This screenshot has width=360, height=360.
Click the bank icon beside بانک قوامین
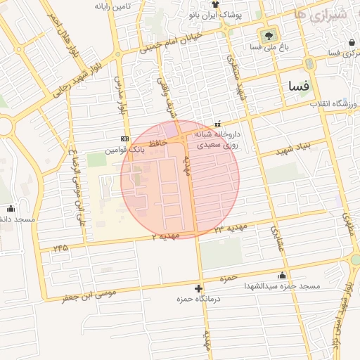pyautogui.click(x=125, y=139)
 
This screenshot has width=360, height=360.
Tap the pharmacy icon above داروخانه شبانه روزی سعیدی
pyautogui.click(x=217, y=123)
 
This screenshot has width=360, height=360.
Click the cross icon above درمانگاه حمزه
pyautogui.click(x=199, y=288)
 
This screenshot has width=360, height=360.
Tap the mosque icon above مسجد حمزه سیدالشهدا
pyautogui.click(x=282, y=275)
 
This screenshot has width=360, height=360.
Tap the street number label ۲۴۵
pyautogui.click(x=60, y=247)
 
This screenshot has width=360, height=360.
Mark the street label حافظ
pyautogui.click(x=157, y=143)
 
